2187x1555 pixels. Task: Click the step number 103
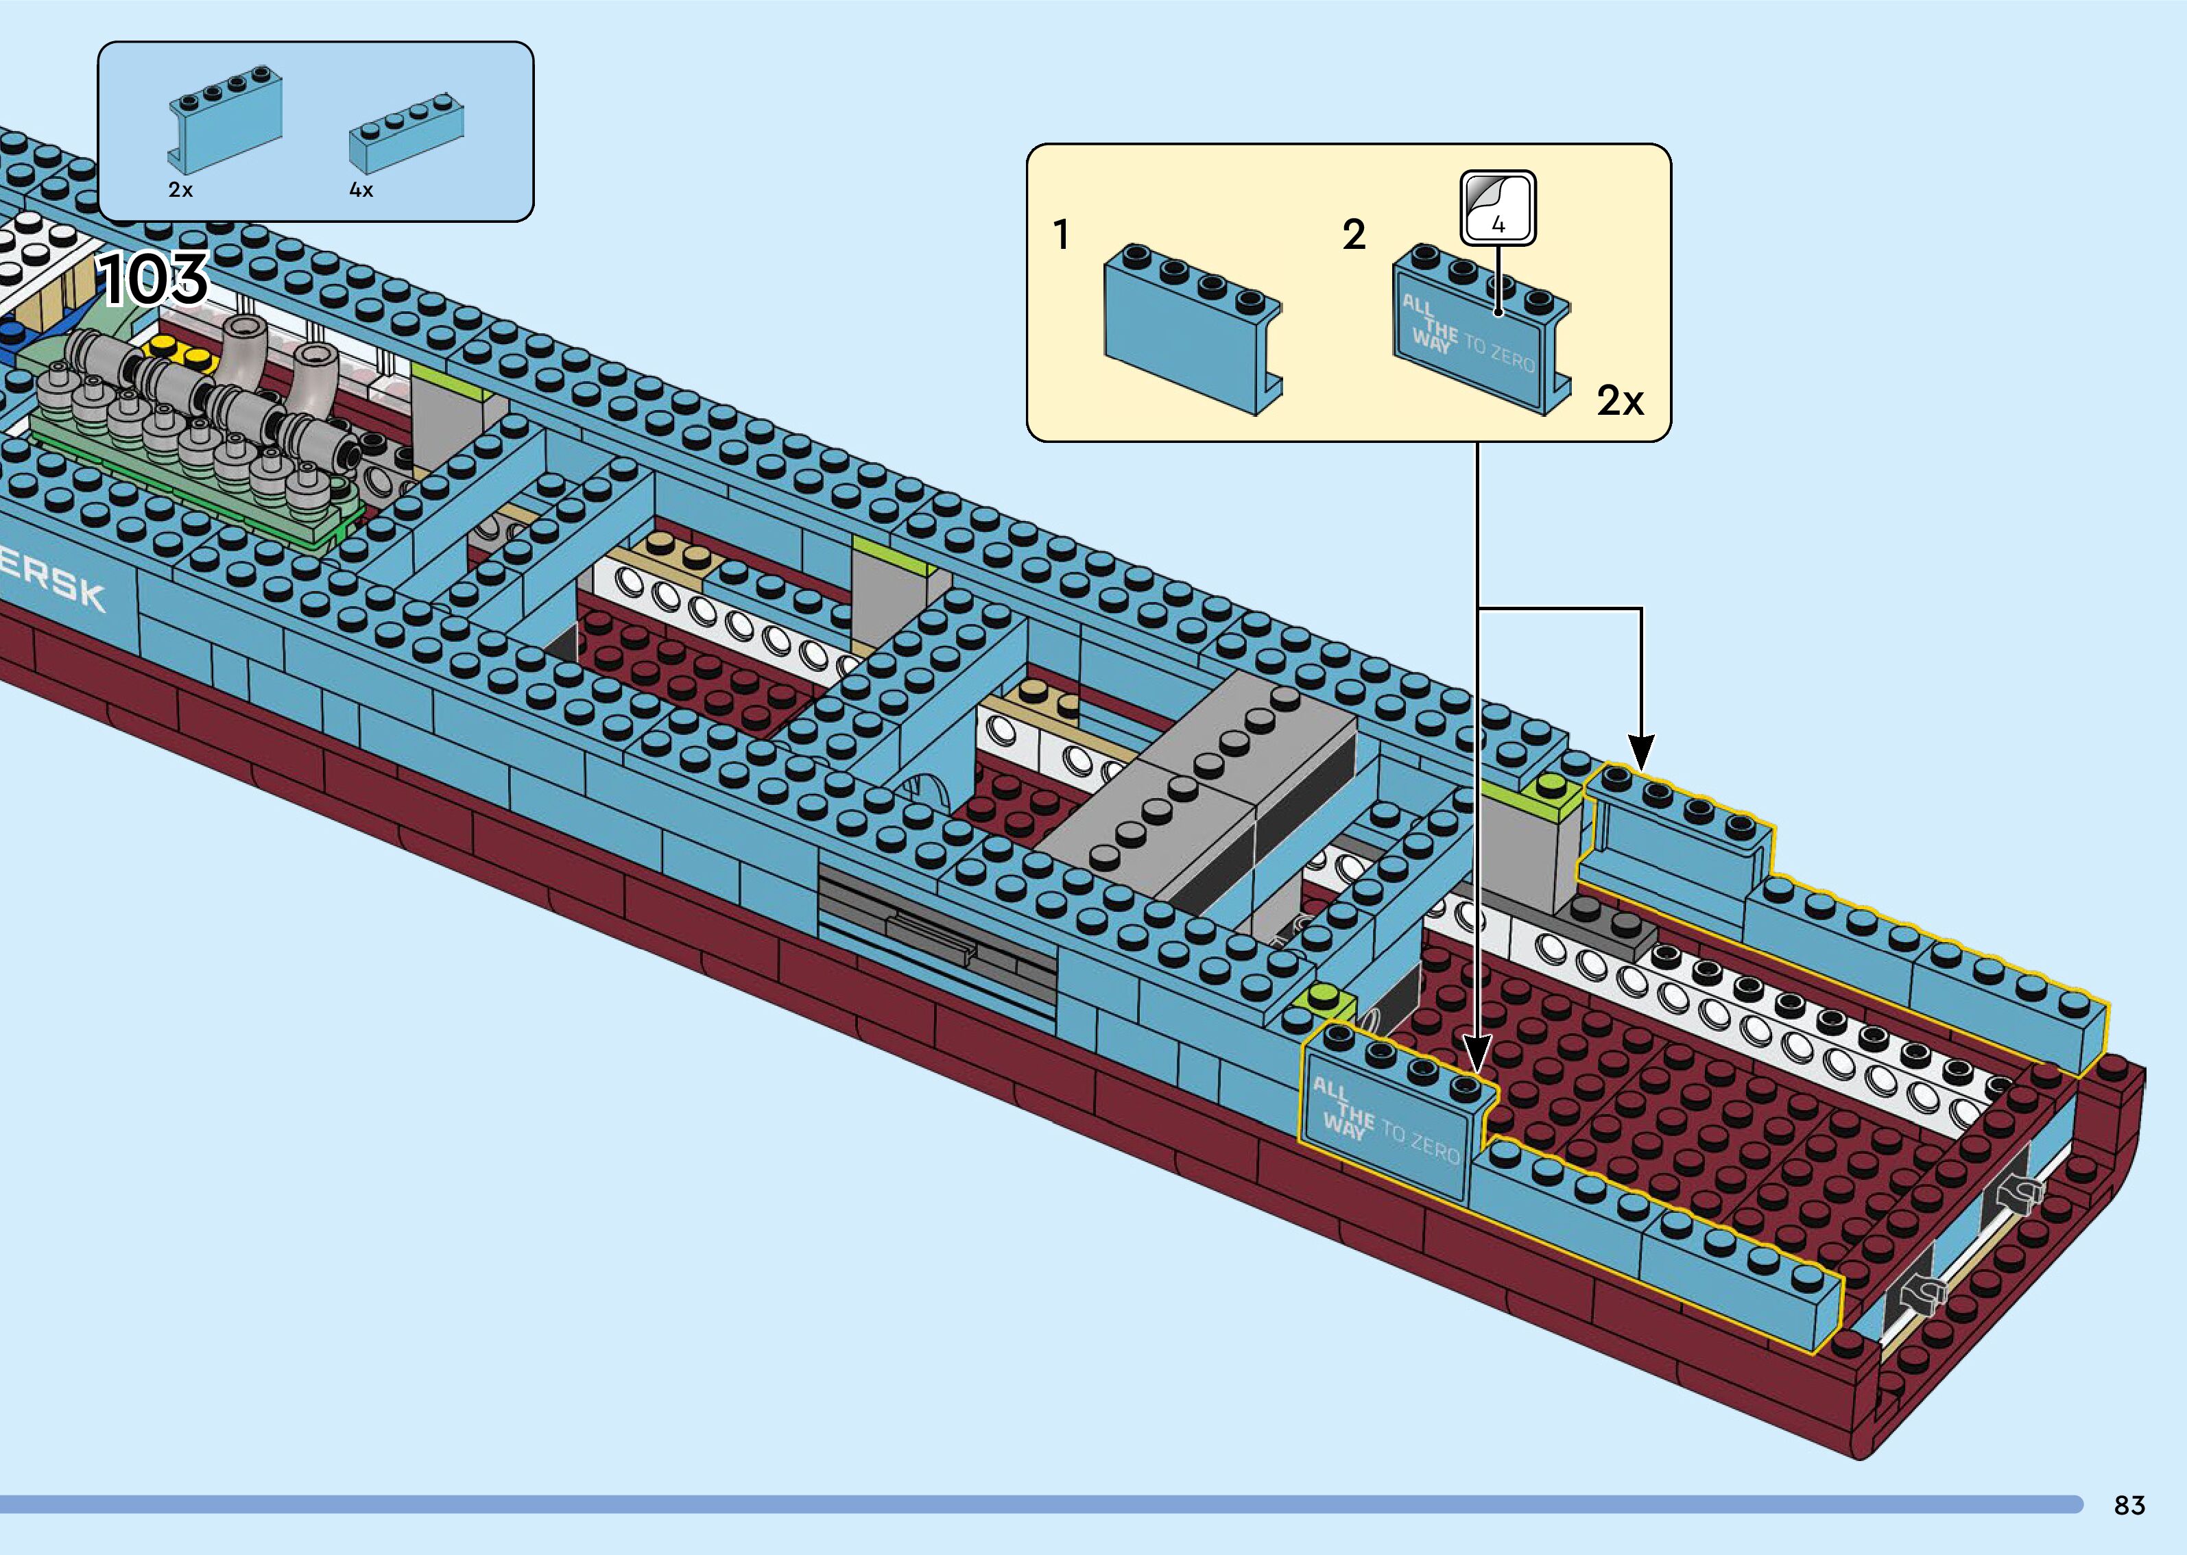(153, 278)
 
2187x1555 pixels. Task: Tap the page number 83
(2129, 1505)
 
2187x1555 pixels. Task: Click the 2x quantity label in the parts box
(180, 191)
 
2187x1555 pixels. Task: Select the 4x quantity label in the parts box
(361, 191)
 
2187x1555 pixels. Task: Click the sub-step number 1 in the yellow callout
(1061, 234)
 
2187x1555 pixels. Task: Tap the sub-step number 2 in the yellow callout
(1353, 234)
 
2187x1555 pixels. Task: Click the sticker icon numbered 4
(1498, 207)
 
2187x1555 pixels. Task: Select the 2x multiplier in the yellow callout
(1619, 400)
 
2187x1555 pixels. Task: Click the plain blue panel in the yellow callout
(1192, 330)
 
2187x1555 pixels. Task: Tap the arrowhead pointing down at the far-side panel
(1641, 751)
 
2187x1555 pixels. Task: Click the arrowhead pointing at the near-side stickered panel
(1477, 1058)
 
